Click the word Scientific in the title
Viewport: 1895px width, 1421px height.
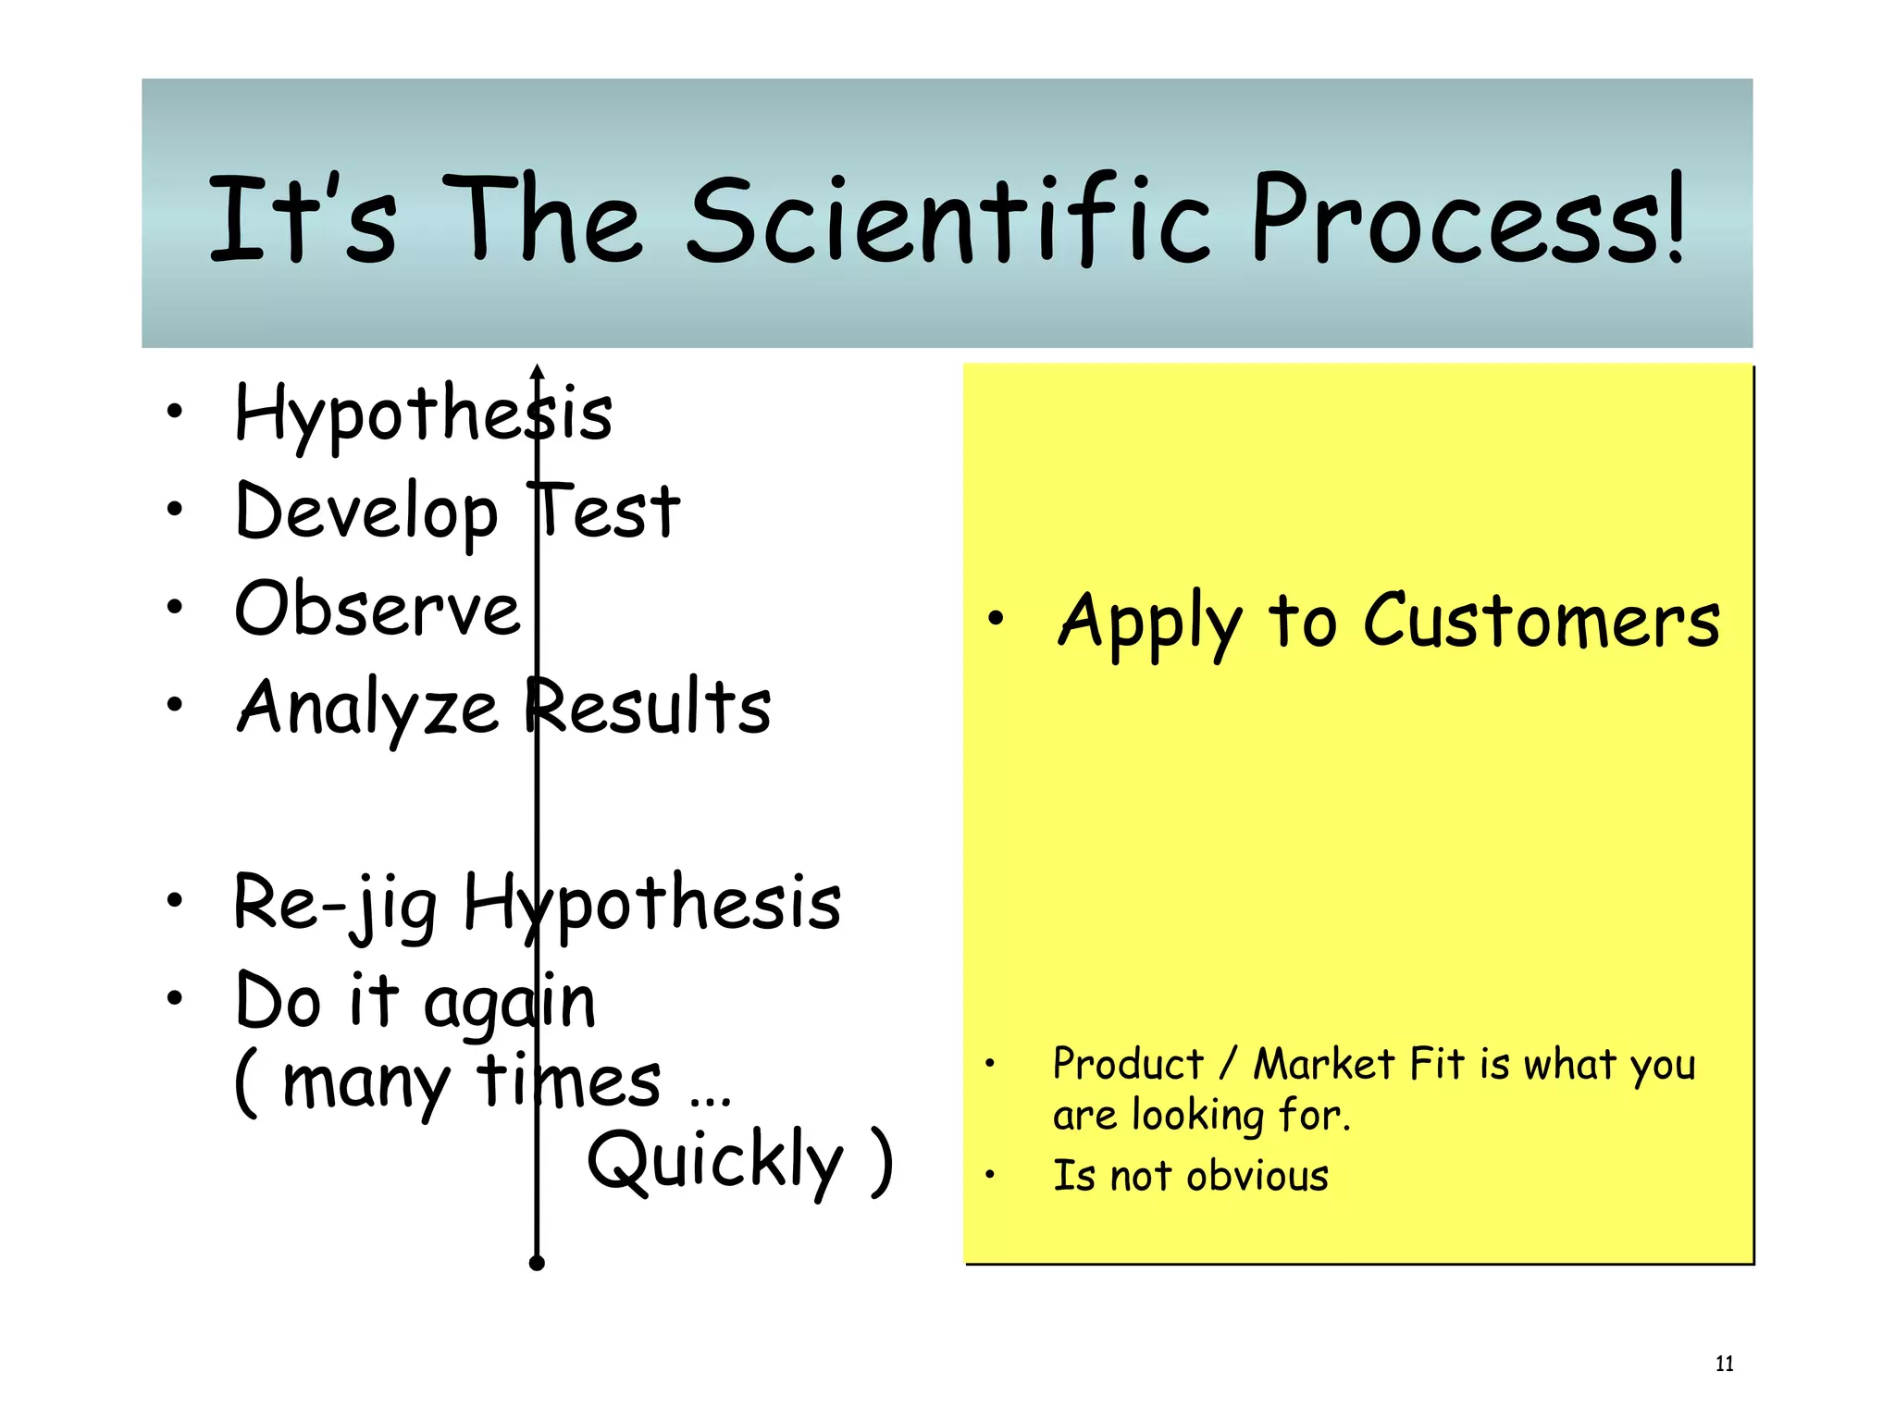point(947,220)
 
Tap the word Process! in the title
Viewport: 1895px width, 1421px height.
point(1466,220)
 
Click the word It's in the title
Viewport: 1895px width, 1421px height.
point(302,220)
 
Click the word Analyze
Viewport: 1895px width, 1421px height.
point(367,709)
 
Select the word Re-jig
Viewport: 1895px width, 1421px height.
point(335,903)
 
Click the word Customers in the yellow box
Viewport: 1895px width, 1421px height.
point(1541,622)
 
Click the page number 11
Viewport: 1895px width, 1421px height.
point(1724,1363)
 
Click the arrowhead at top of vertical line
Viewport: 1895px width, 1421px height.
point(537,373)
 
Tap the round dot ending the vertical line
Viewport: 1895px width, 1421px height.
point(537,1263)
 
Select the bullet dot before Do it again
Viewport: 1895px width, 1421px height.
point(175,998)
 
